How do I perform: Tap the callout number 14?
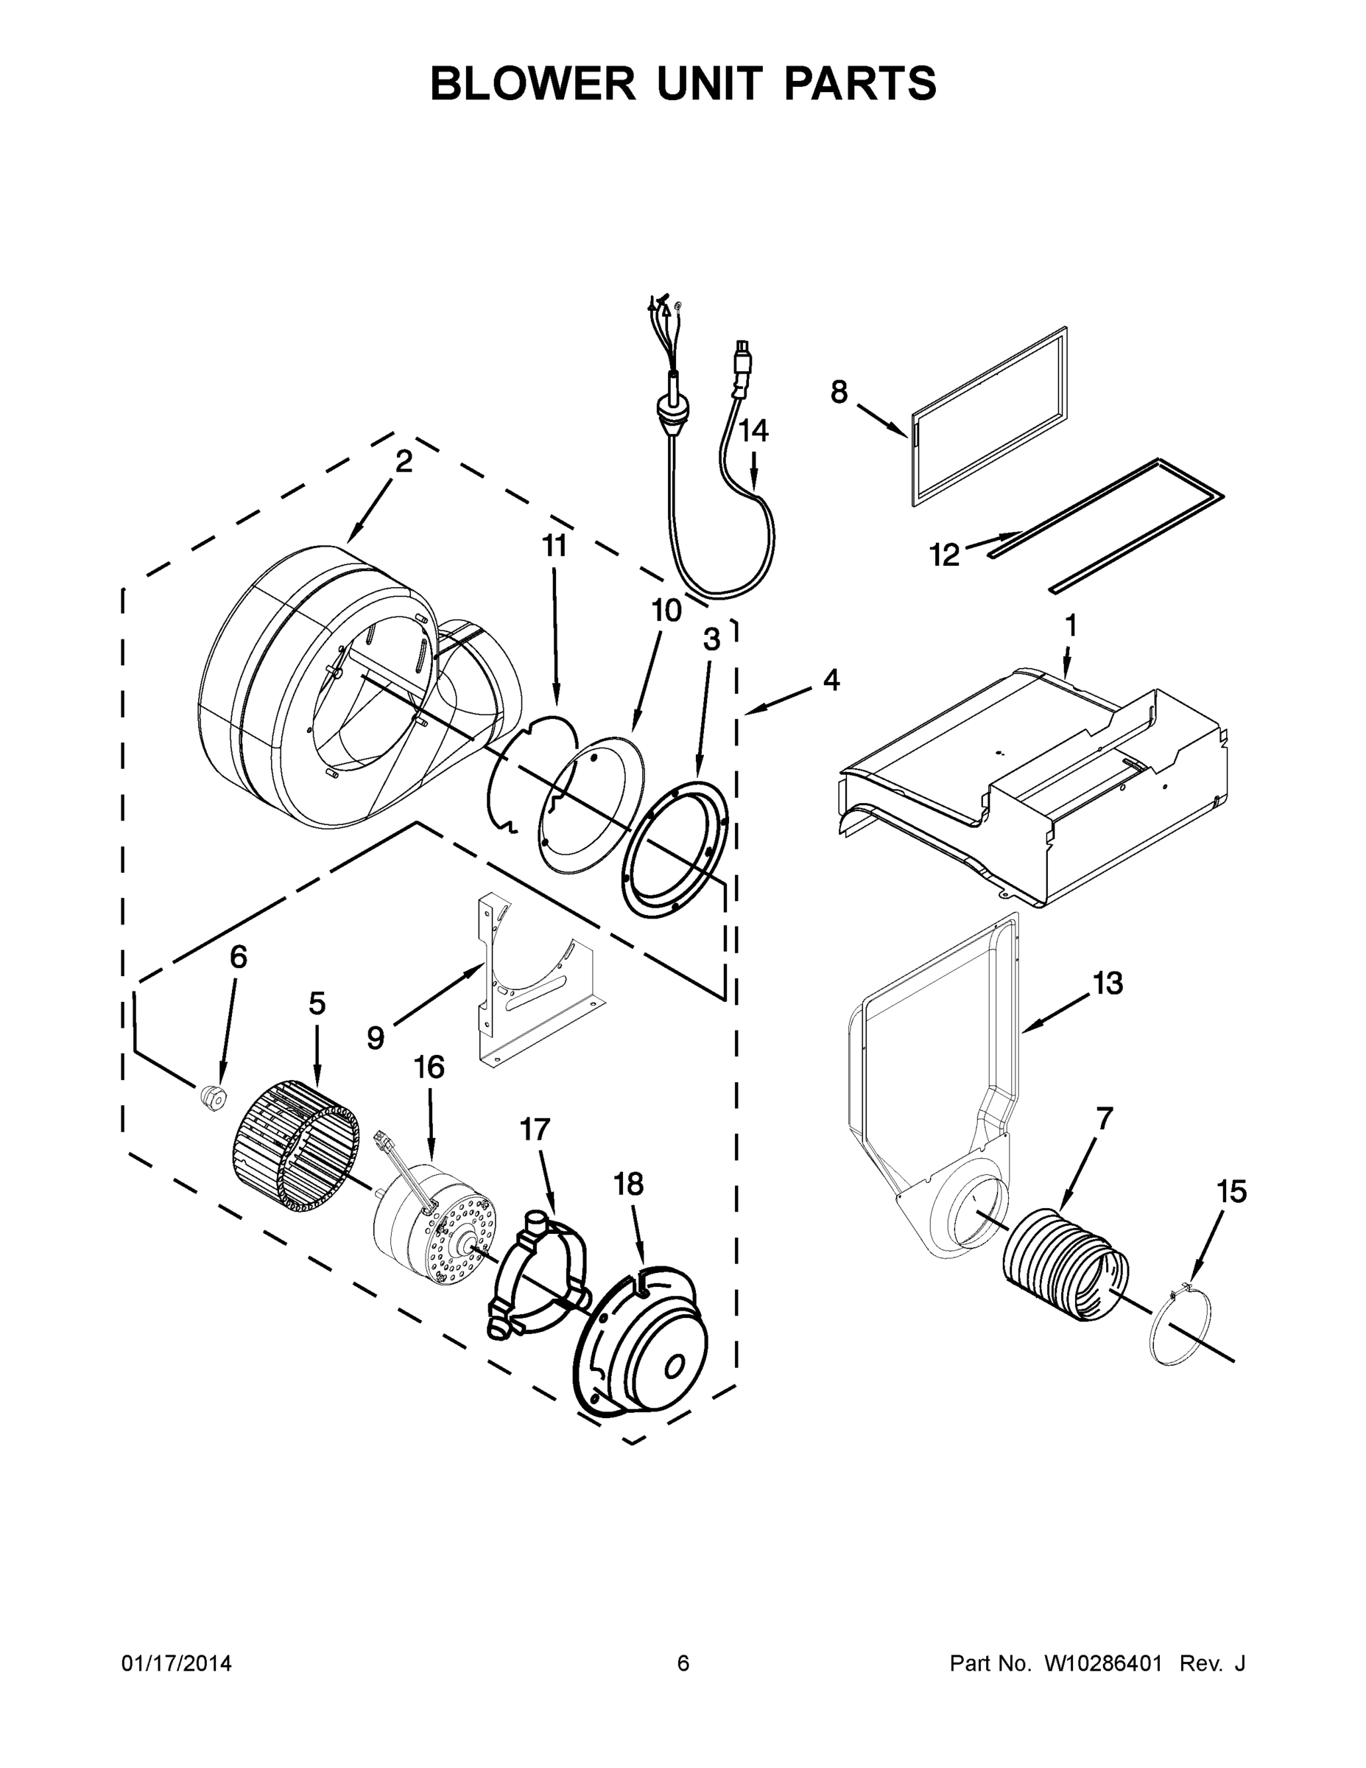753,431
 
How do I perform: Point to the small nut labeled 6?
214,1098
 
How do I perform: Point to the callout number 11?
555,547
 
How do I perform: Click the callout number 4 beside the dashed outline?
831,680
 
